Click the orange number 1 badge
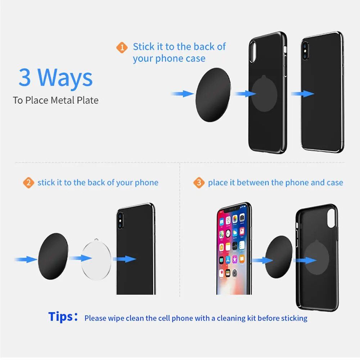[122, 48]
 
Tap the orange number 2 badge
[28, 183]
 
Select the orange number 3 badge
[199, 183]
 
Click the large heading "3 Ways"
[56, 77]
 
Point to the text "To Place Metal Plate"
[56, 100]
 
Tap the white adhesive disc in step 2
[96, 259]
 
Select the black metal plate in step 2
[53, 256]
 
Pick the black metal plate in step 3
[279, 256]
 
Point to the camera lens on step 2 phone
[120, 220]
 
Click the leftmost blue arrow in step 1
[183, 94]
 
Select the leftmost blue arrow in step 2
[25, 259]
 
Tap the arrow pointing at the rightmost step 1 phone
[302, 94]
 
